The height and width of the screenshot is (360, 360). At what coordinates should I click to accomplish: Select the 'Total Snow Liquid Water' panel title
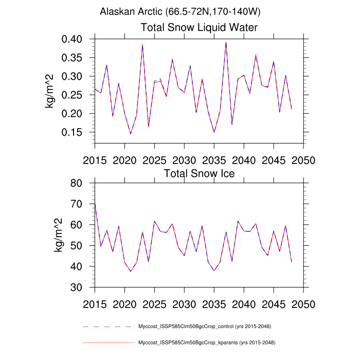click(x=199, y=27)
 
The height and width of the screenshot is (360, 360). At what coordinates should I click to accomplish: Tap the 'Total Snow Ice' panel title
click(x=199, y=173)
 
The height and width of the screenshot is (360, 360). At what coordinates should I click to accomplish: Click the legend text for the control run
click(x=205, y=327)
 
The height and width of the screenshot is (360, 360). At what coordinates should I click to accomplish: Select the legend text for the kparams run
click(x=205, y=342)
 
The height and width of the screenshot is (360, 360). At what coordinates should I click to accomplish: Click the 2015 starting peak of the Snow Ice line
click(x=95, y=205)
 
